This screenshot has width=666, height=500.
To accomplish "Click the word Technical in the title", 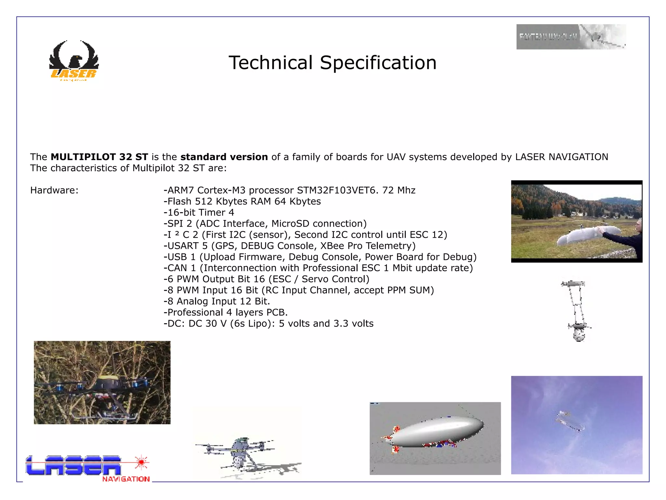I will click(x=271, y=62).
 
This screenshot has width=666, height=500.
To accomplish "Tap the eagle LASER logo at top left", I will click(x=74, y=60).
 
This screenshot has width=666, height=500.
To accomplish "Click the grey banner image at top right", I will click(x=571, y=37).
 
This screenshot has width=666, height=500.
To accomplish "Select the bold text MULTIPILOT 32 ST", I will click(x=99, y=157).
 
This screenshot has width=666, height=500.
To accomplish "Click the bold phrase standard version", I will click(x=224, y=157).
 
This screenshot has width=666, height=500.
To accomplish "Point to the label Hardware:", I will click(x=54, y=190).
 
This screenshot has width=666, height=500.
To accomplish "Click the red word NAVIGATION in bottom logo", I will click(x=126, y=479).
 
